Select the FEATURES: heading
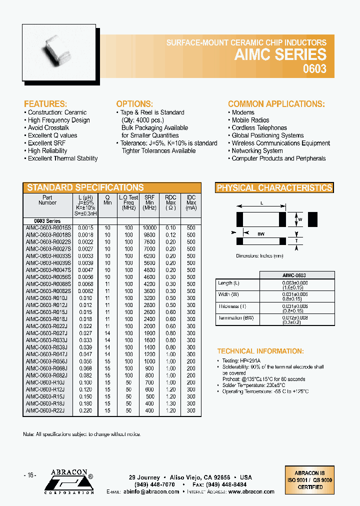click(x=45, y=104)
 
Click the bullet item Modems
click(x=242, y=112)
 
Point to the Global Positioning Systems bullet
click(x=267, y=135)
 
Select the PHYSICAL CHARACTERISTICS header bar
click(x=274, y=188)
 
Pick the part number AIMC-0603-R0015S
click(x=48, y=227)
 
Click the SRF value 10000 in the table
click(x=149, y=227)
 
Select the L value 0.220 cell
click(x=85, y=410)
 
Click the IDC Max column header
click(x=191, y=203)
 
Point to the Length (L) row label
click(x=228, y=283)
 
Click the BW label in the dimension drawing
click(x=260, y=233)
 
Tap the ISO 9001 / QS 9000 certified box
click(x=309, y=479)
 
